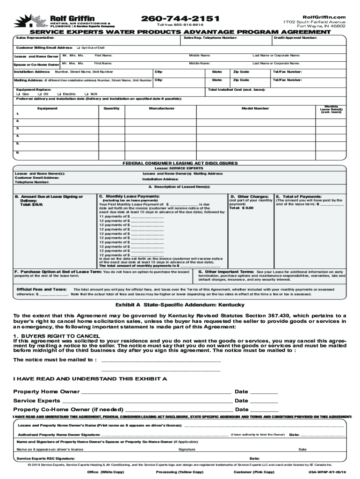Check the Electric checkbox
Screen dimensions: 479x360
[58, 94]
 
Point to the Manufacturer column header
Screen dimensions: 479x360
[161, 108]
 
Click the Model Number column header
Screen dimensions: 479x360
[255, 108]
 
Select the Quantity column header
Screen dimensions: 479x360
[111, 108]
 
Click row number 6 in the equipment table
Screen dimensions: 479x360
[18, 152]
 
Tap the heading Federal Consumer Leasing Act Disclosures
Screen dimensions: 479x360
[180, 163]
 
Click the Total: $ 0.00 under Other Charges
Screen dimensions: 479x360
[241, 208]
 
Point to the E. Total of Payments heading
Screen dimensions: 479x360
[299, 196]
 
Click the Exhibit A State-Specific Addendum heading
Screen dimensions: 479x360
[180, 305]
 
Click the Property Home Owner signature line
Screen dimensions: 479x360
[156, 392]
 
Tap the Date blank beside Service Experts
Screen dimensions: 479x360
[264, 401]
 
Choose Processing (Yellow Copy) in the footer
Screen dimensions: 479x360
[180, 472]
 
